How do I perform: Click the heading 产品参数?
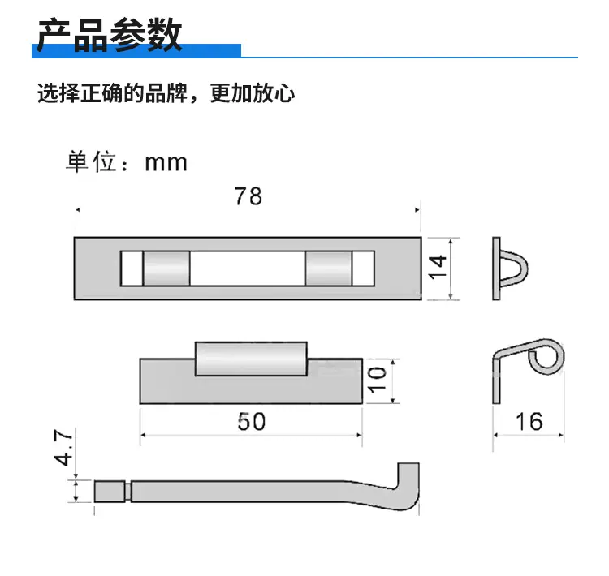coord(110,35)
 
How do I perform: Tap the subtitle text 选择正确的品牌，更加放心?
coord(166,93)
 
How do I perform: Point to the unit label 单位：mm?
coord(127,162)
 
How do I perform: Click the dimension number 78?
coord(248,196)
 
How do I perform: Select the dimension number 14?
coord(438,267)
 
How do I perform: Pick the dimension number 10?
coord(377,380)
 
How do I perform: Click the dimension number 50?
coord(251,422)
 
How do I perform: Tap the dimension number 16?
coord(529,422)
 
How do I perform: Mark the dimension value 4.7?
coord(63,447)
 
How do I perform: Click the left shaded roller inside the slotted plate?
coord(166,269)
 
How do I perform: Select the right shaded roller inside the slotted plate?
coord(329,269)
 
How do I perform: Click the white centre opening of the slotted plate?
coord(248,269)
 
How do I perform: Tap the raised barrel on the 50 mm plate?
coord(251,359)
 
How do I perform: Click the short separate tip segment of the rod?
coord(110,492)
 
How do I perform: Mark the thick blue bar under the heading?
coord(136,51)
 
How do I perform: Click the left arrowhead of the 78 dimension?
coord(78,210)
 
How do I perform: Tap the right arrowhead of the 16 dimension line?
coord(561,435)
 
